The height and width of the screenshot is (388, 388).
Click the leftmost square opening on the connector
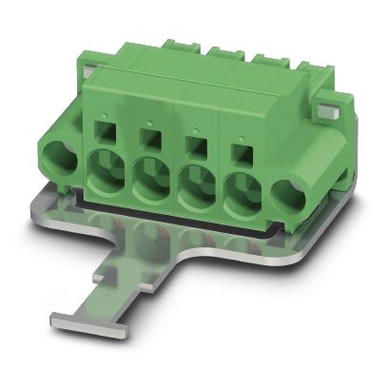[x=105, y=132]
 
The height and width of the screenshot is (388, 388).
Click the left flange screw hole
[x=59, y=157]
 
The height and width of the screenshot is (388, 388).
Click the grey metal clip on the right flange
[x=328, y=111]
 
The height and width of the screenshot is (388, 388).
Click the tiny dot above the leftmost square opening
[x=105, y=115]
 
